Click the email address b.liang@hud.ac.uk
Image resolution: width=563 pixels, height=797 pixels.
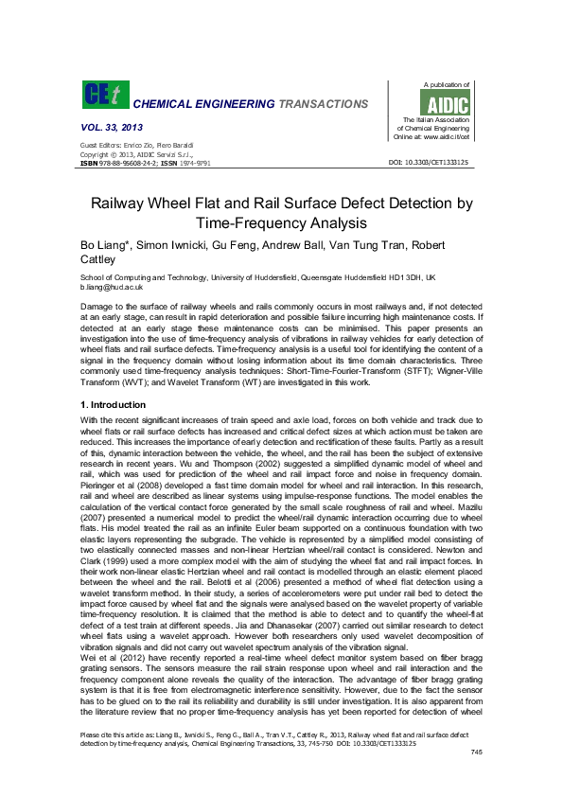pyautogui.click(x=111, y=286)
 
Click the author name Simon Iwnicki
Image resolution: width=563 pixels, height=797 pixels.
pyautogui.click(x=174, y=245)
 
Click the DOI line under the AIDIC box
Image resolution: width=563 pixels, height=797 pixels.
pyautogui.click(x=429, y=163)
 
